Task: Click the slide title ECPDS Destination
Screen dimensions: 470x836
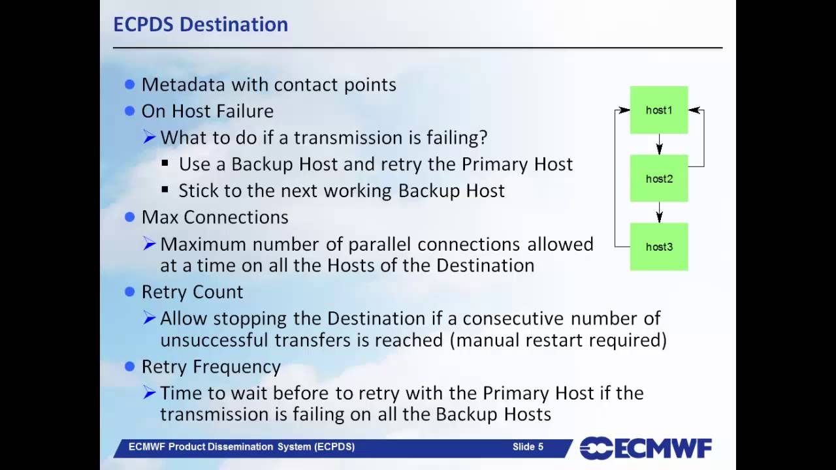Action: [x=201, y=24]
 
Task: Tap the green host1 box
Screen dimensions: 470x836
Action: [x=658, y=110]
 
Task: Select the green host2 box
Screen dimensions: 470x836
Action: [x=658, y=178]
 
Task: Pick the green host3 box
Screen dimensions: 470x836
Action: [x=658, y=247]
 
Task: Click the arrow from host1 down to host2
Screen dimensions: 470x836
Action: [x=659, y=144]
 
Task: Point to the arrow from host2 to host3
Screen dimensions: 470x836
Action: [x=659, y=212]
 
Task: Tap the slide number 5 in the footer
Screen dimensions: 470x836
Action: [x=540, y=447]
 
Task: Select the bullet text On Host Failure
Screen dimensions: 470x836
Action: [x=207, y=111]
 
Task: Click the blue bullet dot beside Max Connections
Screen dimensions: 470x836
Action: [x=129, y=217]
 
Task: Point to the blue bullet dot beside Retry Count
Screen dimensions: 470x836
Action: [x=129, y=292]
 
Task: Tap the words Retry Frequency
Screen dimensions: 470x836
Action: [x=211, y=367]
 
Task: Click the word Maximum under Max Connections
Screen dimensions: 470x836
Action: [x=203, y=244]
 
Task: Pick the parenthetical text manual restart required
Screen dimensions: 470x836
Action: [x=561, y=340]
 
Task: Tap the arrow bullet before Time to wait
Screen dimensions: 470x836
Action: [x=149, y=393]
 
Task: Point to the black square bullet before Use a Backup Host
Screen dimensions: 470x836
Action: [x=165, y=164]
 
